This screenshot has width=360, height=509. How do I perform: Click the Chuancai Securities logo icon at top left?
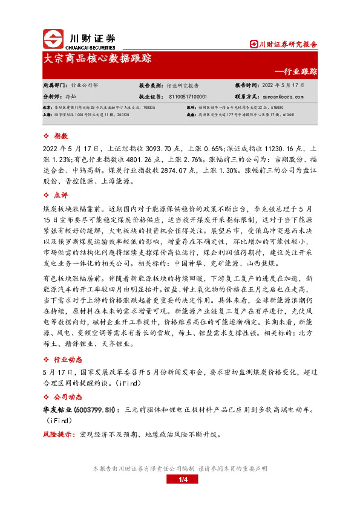pyautogui.click(x=54, y=39)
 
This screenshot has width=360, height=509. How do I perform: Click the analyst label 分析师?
pyautogui.click(x=52, y=96)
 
